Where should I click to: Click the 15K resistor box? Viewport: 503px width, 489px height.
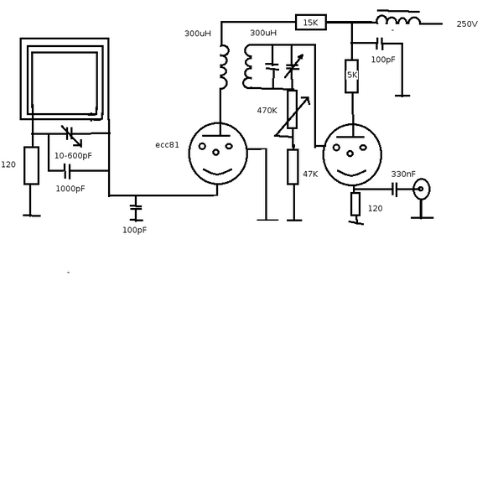[310, 23]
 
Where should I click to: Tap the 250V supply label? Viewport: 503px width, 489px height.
[467, 24]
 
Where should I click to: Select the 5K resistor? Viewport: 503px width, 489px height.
[352, 75]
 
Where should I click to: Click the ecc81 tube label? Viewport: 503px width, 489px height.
[167, 145]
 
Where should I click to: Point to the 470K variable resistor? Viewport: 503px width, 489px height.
[293, 109]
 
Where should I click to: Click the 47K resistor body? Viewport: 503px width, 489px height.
[293, 166]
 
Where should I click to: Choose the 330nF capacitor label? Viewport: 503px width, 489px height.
[403, 174]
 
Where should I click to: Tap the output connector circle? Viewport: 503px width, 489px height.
[421, 189]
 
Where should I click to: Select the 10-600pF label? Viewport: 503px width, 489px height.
[74, 156]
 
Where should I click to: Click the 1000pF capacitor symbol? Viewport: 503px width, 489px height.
[67, 171]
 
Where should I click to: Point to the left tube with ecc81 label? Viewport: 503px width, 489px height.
[218, 153]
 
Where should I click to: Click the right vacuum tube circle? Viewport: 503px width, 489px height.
[352, 154]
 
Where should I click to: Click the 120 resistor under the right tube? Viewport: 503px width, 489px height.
[355, 204]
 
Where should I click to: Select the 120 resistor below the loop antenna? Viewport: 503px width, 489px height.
[31, 165]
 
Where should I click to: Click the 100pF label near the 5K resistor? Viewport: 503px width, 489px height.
[383, 60]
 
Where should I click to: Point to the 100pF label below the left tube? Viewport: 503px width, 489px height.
[134, 230]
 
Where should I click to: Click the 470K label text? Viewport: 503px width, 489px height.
[267, 111]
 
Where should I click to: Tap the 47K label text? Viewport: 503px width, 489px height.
[310, 174]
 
